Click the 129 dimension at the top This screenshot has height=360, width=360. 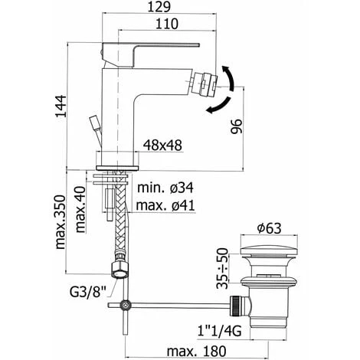(x=159, y=7)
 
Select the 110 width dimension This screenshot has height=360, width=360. (x=167, y=24)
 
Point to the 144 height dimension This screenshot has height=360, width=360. (x=61, y=106)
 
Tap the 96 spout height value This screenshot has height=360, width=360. (x=236, y=126)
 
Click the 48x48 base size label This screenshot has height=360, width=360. (x=162, y=146)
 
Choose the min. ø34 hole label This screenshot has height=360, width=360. (x=165, y=188)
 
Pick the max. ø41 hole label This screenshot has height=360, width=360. (x=165, y=205)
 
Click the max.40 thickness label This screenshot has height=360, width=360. (x=80, y=210)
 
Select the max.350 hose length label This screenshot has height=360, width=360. (x=61, y=222)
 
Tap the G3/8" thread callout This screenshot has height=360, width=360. (x=87, y=292)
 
